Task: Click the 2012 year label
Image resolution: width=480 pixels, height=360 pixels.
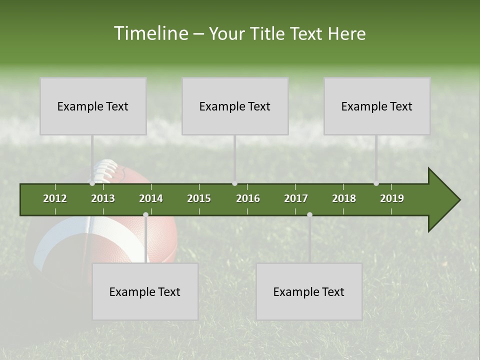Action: (55, 198)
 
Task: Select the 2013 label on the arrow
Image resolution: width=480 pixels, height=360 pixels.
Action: (103, 198)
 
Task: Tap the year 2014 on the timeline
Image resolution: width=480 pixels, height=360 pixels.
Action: (151, 198)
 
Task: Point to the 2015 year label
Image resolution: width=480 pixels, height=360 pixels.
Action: (199, 198)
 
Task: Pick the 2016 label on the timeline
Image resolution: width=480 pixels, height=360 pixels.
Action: (248, 198)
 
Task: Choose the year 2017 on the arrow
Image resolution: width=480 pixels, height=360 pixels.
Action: (296, 198)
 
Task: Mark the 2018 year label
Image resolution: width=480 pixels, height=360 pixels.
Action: (344, 198)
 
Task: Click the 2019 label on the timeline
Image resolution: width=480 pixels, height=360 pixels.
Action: (392, 198)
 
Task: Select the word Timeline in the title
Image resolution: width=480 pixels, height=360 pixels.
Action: (150, 33)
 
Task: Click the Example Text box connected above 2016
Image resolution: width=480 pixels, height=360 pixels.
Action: (235, 106)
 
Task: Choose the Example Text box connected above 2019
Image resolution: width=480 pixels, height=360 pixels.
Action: (377, 106)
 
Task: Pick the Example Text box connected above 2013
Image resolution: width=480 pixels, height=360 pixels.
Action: (93, 106)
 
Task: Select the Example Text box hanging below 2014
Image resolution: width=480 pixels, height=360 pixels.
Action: (145, 292)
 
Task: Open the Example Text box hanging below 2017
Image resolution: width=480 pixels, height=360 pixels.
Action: (309, 292)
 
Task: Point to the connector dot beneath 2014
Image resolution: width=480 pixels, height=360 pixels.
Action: (145, 214)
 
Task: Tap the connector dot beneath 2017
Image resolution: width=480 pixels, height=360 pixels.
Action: (309, 214)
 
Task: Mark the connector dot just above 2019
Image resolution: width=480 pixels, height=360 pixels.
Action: (376, 183)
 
